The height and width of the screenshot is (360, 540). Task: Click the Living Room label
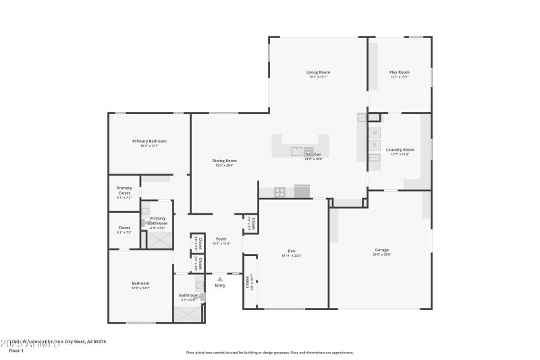point(318,72)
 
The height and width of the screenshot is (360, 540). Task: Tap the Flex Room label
point(399,72)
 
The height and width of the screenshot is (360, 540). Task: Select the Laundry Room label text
point(400,149)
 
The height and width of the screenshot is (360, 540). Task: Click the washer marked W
point(375,132)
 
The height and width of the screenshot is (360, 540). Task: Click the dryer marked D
point(375,145)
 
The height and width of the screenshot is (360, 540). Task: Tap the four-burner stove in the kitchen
point(280,192)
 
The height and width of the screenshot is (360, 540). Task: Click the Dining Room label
point(225,161)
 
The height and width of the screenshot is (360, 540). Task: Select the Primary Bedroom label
point(149,141)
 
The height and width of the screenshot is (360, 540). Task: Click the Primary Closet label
point(124,190)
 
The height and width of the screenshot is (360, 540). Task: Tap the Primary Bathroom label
point(157,218)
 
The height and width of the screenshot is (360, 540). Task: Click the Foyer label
point(221,238)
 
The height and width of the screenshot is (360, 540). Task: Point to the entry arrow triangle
point(219,278)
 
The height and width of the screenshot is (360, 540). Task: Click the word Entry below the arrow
point(220,285)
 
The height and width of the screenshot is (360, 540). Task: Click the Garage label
point(381,250)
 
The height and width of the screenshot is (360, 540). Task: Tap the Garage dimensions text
point(381,255)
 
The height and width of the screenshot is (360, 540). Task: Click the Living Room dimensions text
point(318,77)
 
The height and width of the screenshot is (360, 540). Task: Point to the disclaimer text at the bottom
point(269,352)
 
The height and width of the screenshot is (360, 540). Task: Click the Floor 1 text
point(16,351)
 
